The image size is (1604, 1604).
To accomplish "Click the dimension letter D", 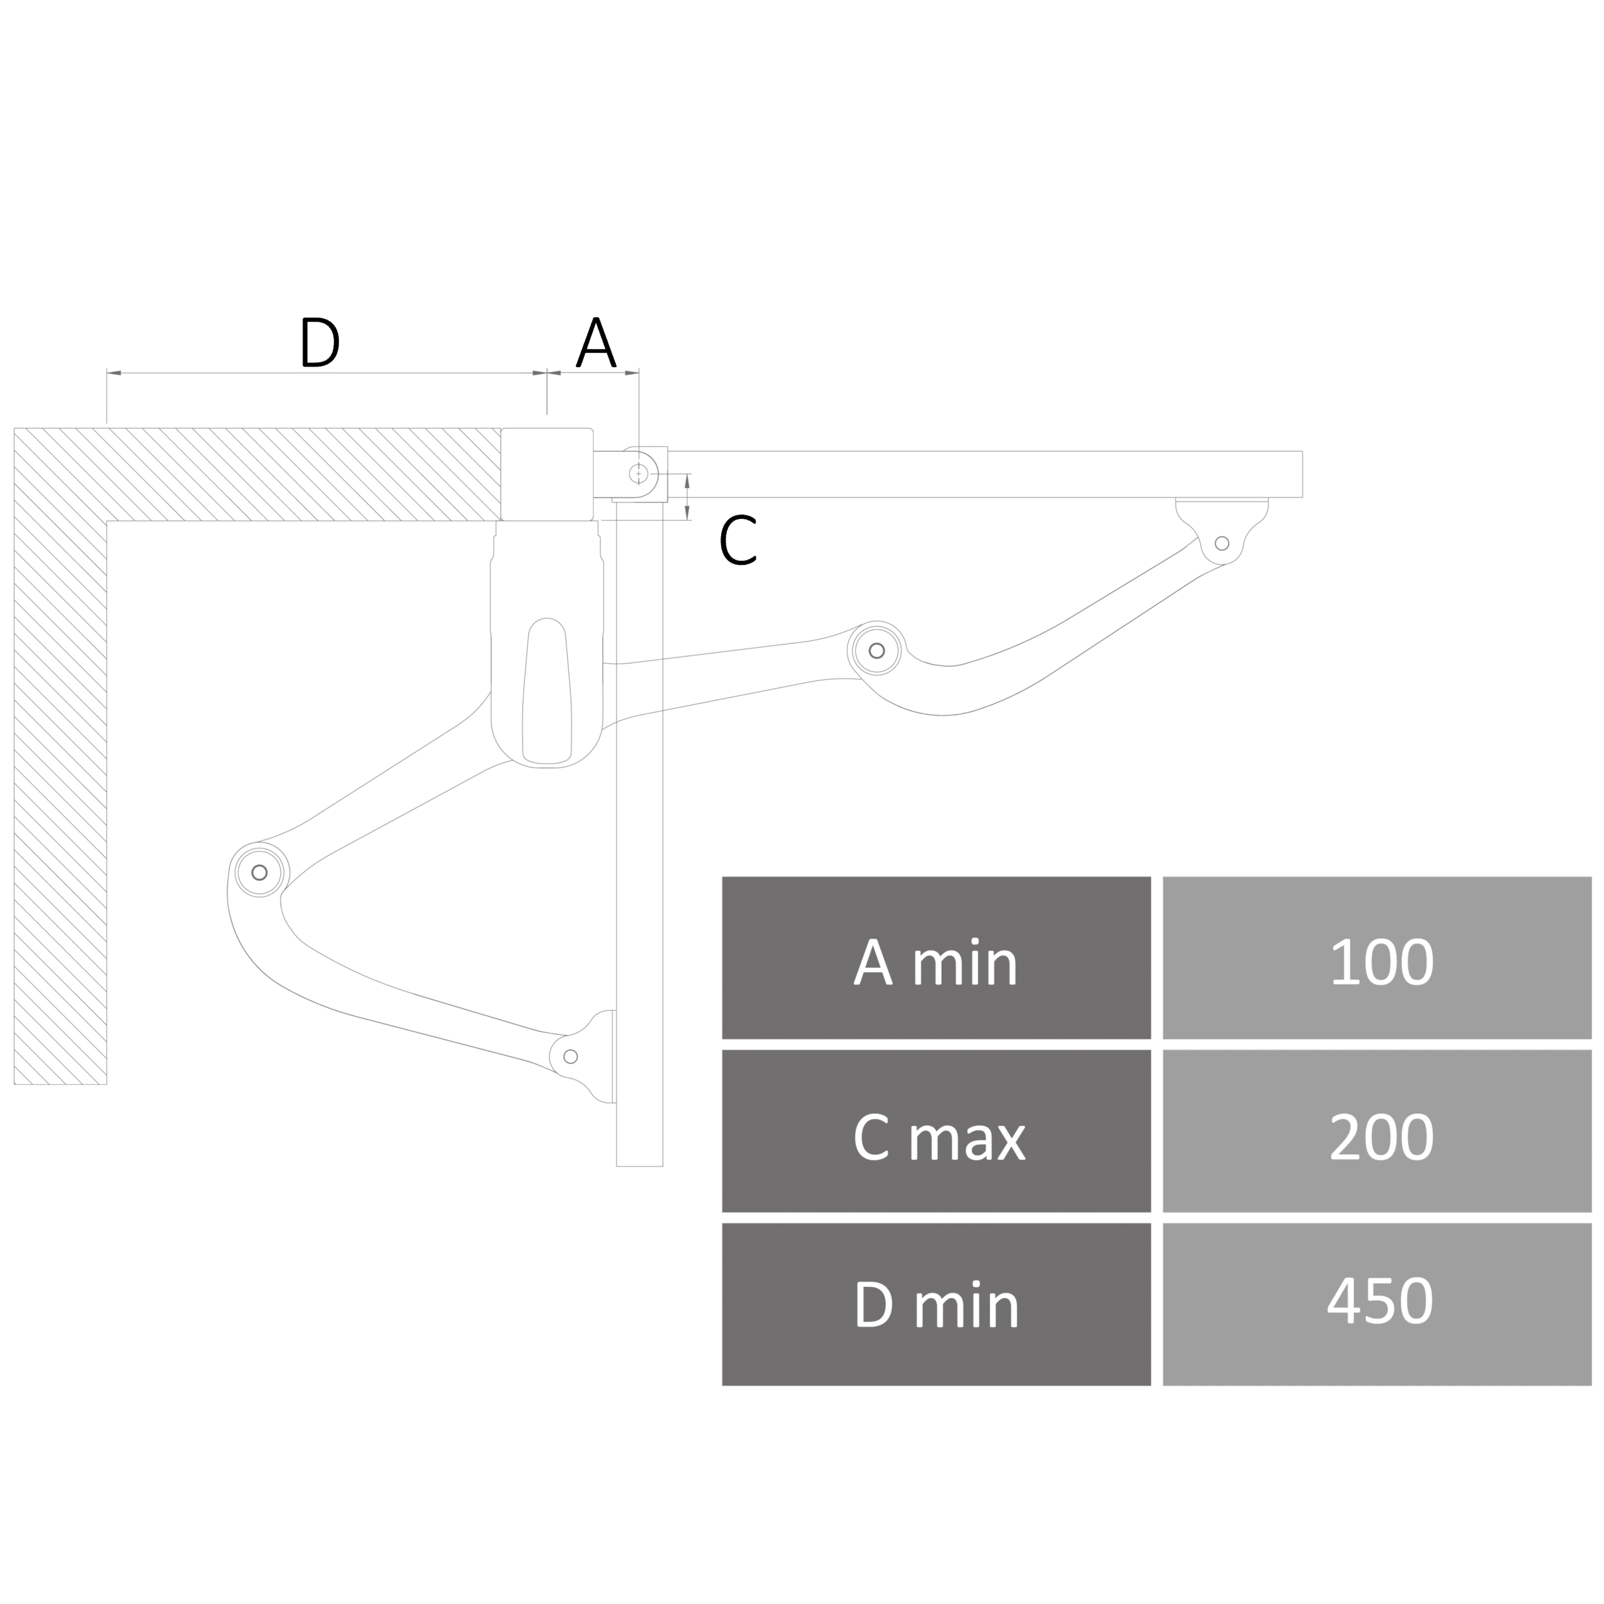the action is click(320, 341).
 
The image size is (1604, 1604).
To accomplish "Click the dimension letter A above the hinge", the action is click(596, 341).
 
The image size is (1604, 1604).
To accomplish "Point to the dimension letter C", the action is click(738, 539).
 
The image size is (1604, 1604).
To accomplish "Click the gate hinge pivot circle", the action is click(638, 473).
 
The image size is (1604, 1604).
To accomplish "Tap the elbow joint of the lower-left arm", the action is click(259, 873).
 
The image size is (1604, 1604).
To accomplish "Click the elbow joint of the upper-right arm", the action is click(876, 651).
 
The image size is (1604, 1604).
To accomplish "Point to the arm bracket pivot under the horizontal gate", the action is click(1221, 544).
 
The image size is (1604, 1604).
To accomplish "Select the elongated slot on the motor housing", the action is click(546, 690).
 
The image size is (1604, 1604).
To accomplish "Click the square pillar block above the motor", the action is click(546, 474).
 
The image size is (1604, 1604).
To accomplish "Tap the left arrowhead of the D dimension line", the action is click(114, 373).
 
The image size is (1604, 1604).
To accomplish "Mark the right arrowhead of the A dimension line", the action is click(632, 373).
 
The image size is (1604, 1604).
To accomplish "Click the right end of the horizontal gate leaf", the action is click(1302, 474).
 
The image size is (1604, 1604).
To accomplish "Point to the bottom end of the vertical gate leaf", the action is click(639, 1165).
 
